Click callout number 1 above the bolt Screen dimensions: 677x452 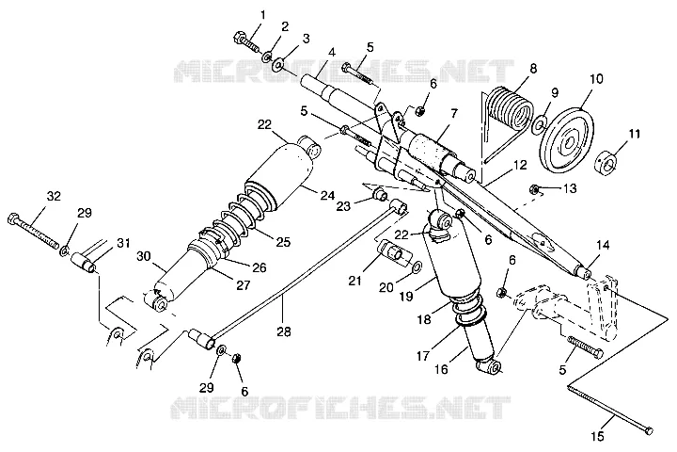(262, 15)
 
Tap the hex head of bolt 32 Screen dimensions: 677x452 (13, 218)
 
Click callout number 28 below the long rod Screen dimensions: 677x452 (284, 331)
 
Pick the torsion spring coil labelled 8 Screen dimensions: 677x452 (510, 111)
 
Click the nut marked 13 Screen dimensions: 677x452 (534, 189)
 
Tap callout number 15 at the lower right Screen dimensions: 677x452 (598, 437)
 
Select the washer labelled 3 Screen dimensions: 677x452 (278, 64)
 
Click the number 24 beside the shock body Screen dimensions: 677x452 (328, 196)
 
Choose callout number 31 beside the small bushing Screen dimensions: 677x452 (124, 244)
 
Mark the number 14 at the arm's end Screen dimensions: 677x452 (603, 246)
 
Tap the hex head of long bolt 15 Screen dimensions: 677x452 (649, 430)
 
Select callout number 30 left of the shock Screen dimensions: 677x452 (144, 256)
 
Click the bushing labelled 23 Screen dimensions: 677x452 (381, 194)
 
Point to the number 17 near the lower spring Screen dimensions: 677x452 (423, 356)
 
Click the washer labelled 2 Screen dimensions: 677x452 (267, 56)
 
